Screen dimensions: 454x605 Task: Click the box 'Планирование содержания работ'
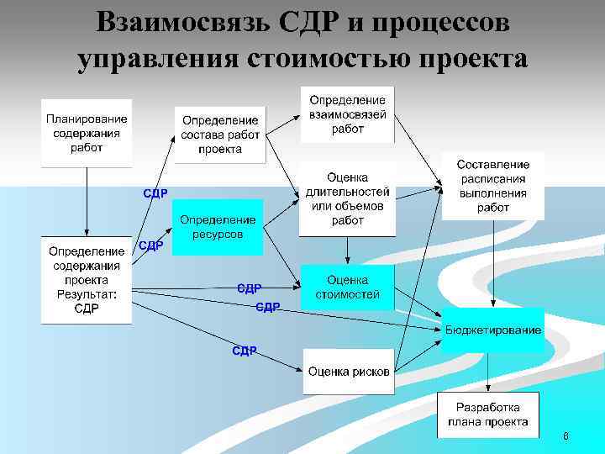point(87,133)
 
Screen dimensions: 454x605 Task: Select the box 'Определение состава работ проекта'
point(220,135)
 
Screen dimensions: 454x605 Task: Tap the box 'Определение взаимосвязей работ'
point(347,115)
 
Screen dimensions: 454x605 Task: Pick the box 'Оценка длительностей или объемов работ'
point(347,199)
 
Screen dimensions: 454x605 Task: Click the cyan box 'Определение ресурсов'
point(218,227)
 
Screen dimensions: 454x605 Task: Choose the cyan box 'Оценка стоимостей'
point(347,288)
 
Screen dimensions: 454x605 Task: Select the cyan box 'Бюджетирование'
point(493,330)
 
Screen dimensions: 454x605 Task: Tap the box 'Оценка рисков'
point(348,372)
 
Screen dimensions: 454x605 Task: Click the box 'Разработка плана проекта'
point(487,415)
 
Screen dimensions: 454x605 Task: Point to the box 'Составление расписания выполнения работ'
point(493,186)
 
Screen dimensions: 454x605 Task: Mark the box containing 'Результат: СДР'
point(87,280)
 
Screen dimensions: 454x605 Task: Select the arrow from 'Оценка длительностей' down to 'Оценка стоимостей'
point(347,250)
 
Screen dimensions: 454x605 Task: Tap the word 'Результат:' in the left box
point(87,294)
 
